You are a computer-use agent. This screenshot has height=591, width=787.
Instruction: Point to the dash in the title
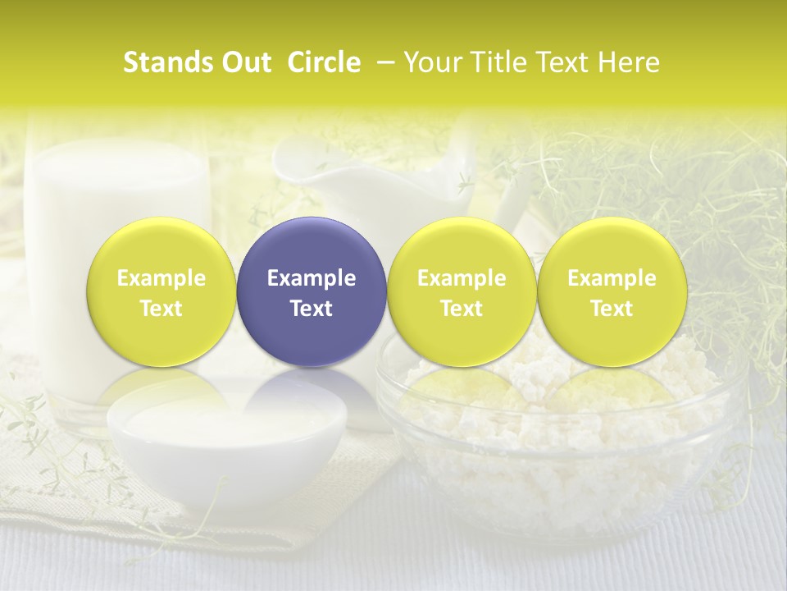tap(384, 62)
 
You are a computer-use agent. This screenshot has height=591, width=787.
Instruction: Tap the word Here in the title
tap(626, 62)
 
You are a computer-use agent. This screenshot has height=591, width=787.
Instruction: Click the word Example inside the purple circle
tap(312, 278)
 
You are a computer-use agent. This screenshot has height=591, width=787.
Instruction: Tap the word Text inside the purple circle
tap(312, 309)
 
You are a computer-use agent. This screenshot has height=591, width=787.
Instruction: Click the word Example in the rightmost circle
tap(612, 278)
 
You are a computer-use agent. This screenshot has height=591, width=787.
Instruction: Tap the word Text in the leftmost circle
tap(161, 309)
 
